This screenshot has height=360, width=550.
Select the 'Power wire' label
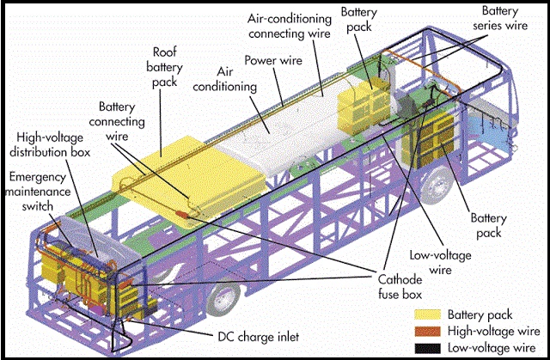coord(272,61)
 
